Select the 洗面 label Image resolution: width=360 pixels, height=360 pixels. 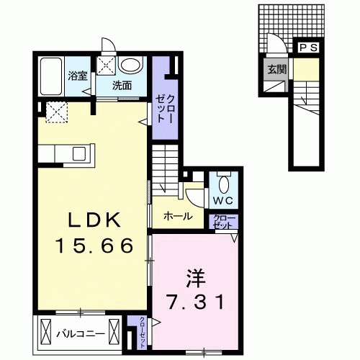pos(121,85)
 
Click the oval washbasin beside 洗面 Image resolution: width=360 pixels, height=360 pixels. pos(130,66)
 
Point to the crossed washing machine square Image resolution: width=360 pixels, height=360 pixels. pos(107,66)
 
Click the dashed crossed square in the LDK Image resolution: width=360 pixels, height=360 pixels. pos(55,111)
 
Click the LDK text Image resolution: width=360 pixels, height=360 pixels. pos(93,220)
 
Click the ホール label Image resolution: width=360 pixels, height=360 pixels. pos(177,215)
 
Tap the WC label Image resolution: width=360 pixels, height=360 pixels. pos(221,199)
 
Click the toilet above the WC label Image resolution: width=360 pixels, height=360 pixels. pos(222,181)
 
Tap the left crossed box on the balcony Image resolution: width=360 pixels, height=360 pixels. pos(47,334)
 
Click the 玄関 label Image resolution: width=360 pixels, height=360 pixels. pos(276,71)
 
